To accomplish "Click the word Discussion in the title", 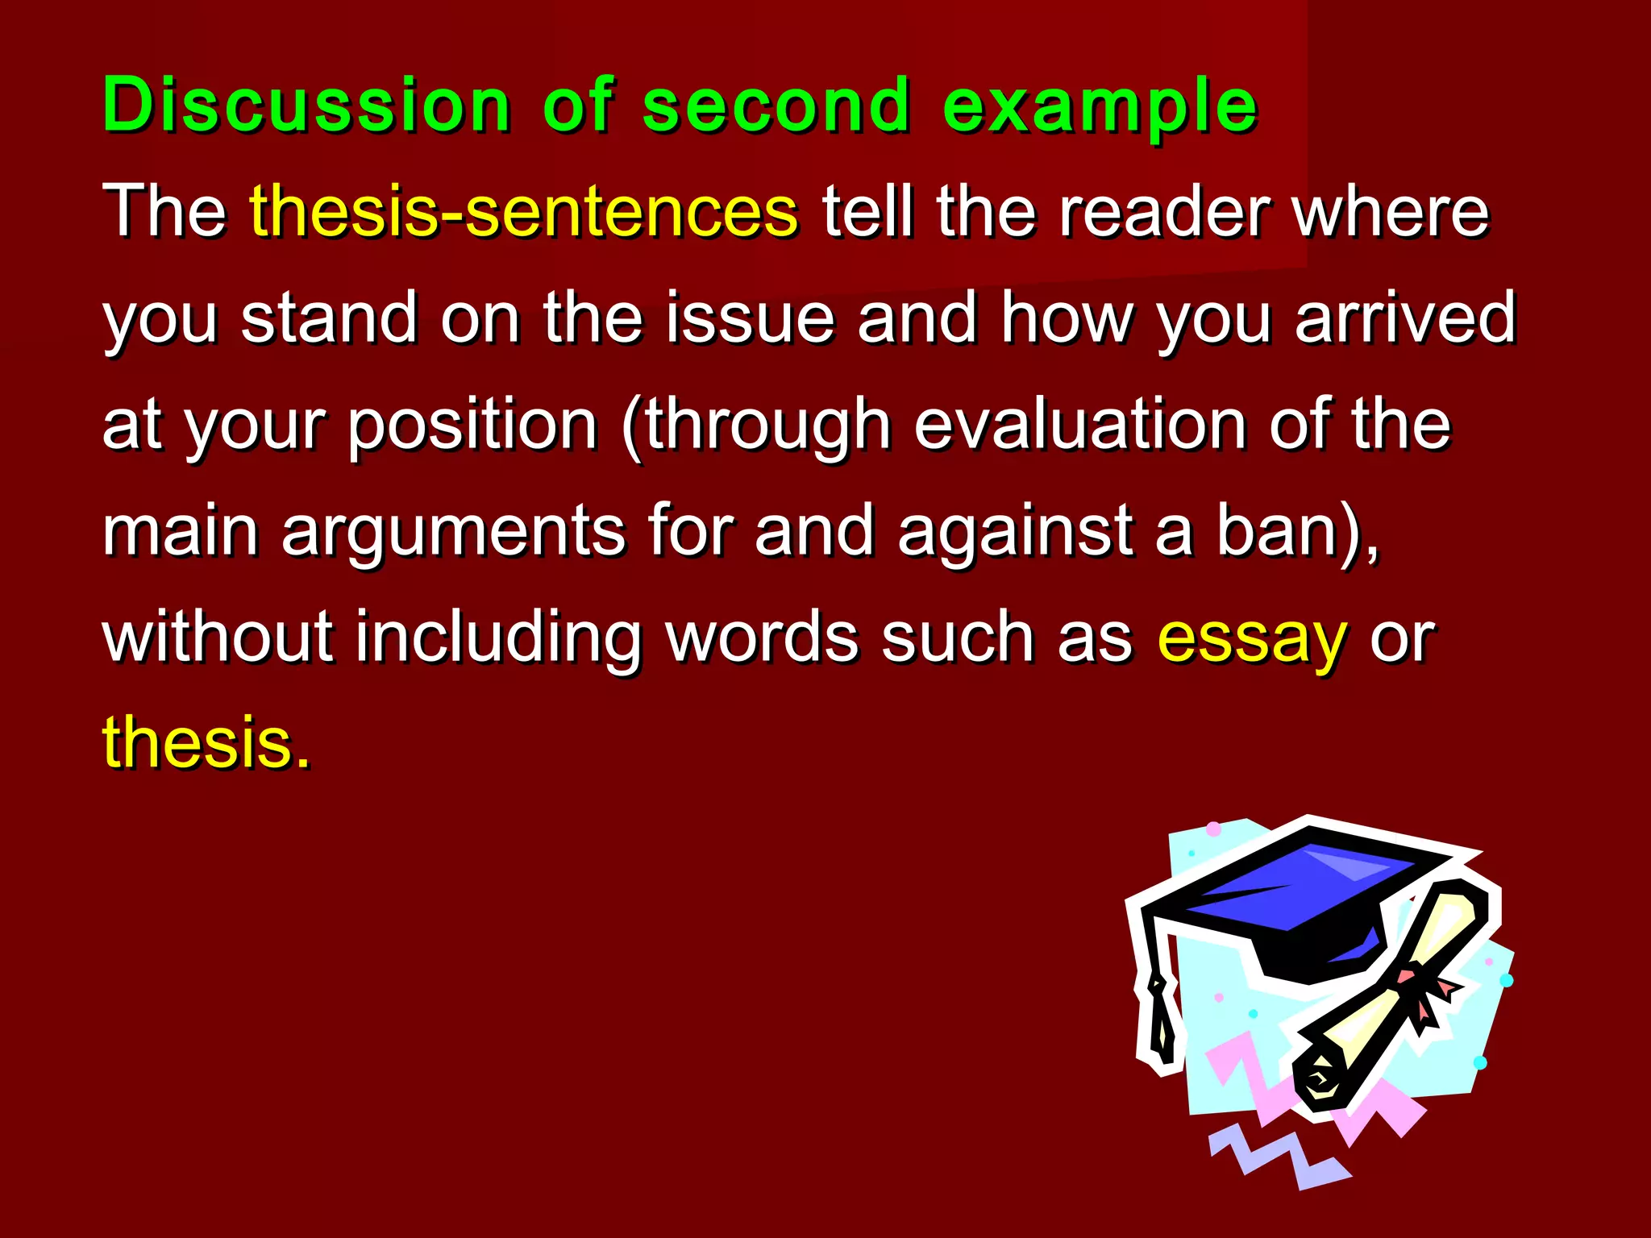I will (x=306, y=105).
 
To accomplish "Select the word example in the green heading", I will (x=1100, y=106).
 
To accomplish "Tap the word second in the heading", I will (x=776, y=105).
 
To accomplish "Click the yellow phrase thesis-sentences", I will (x=524, y=211).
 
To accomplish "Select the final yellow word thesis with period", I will (x=206, y=742).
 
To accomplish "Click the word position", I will (x=472, y=426).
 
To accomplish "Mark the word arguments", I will (x=453, y=530).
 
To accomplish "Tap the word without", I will (x=218, y=637).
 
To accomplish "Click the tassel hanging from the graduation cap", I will (x=1161, y=1016).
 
